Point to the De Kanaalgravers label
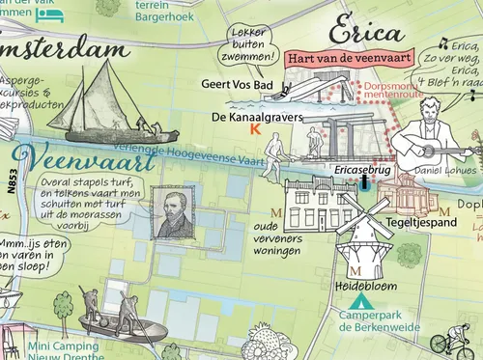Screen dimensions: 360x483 (256, 117)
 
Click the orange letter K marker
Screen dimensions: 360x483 (254, 129)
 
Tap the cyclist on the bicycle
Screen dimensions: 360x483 (456, 341)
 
